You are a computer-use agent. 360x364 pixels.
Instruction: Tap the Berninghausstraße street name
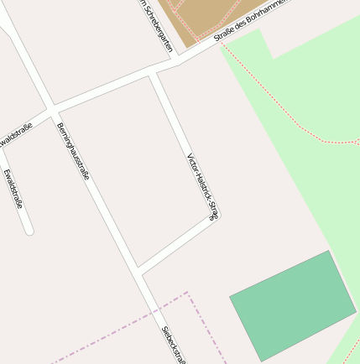click(73, 151)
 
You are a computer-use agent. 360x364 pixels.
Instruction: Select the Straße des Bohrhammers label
click(250, 20)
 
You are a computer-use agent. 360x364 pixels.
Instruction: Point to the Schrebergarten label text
click(156, 25)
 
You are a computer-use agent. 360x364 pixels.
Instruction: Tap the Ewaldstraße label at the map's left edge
click(15, 134)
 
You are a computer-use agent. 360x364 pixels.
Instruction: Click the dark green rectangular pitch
click(293, 304)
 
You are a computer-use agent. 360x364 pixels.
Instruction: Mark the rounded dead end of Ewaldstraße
click(29, 229)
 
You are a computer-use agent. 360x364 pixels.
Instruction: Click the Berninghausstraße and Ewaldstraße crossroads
click(52, 111)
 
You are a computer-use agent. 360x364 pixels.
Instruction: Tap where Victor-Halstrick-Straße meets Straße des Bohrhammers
click(153, 73)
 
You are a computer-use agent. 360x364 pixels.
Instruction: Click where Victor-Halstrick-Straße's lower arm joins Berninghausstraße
click(138, 271)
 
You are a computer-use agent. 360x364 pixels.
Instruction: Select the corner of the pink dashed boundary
click(186, 293)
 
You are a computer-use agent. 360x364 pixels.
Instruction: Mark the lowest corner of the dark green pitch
click(262, 361)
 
